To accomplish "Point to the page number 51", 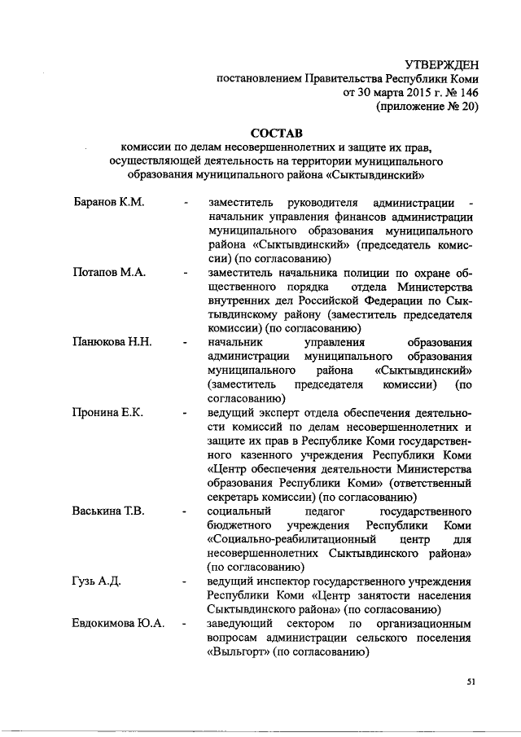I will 471,682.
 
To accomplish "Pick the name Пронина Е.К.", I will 107,412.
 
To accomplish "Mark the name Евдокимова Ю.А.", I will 119,623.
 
